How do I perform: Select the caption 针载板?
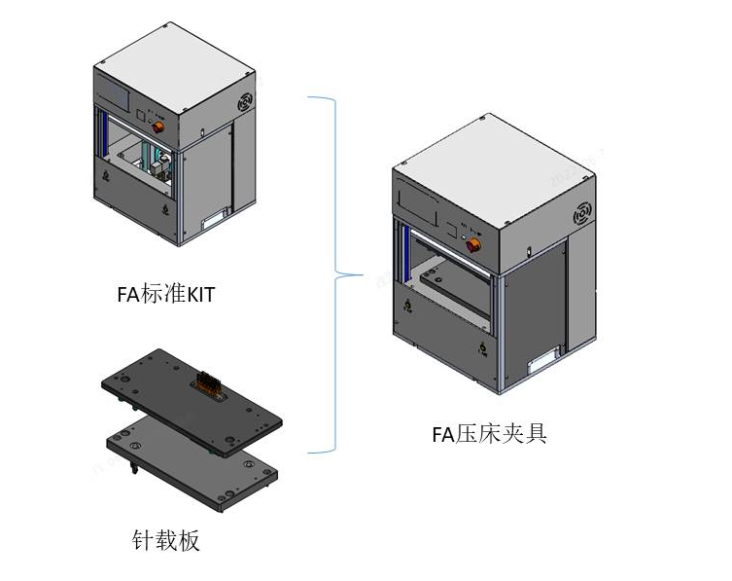[x=166, y=540]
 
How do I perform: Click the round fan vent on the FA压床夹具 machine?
[x=585, y=213]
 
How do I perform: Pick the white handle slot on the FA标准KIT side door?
[x=214, y=223]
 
